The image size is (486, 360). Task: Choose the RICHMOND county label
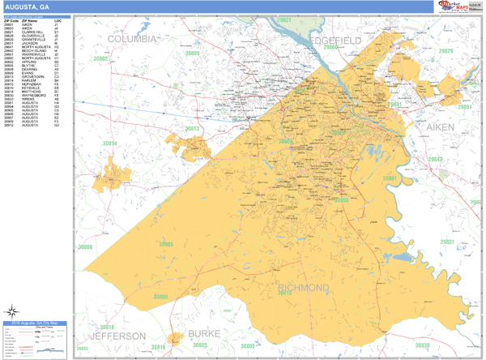click(304, 288)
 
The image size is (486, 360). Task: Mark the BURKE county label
click(204, 333)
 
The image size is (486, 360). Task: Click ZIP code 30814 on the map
click(109, 144)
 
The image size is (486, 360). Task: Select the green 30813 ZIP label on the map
click(192, 129)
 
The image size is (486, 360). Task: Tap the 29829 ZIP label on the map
click(446, 51)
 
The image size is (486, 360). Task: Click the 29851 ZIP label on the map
click(464, 106)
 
